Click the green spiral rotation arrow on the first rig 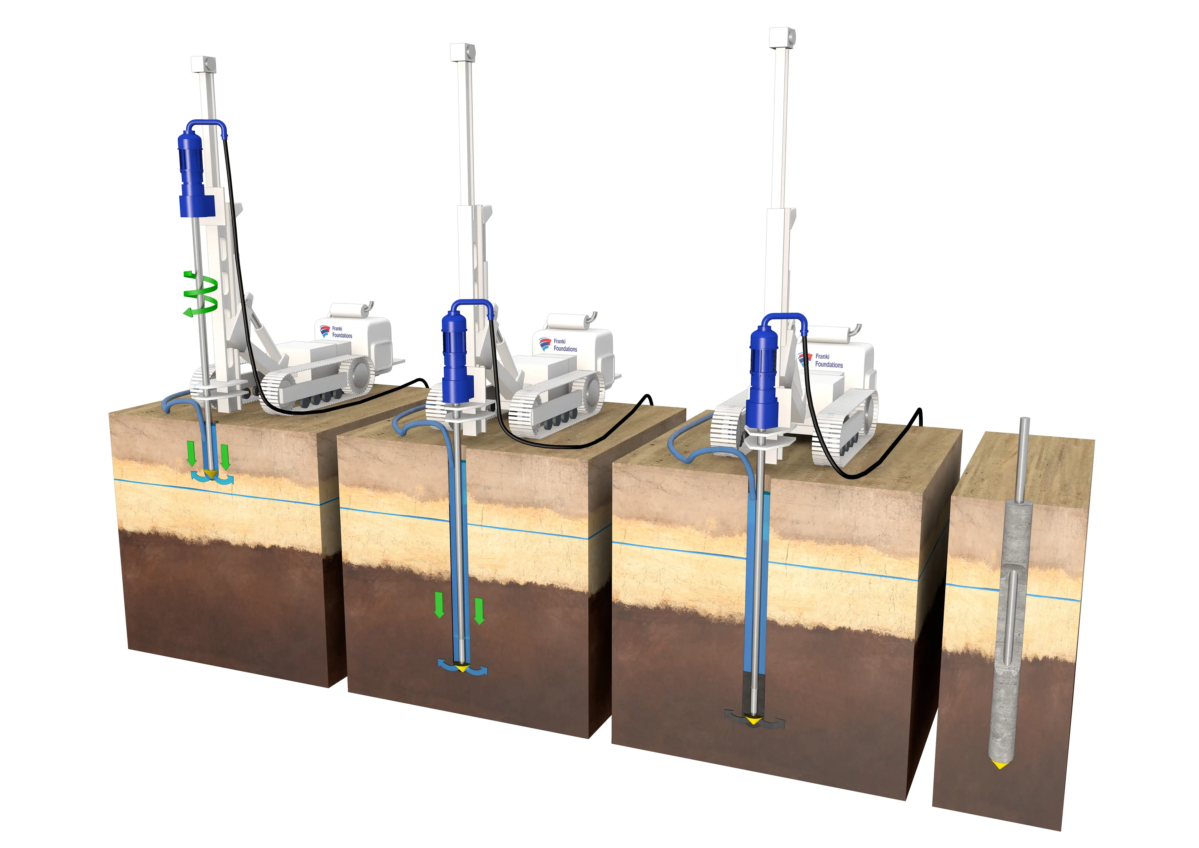click(x=201, y=294)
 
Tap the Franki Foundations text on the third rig click(x=829, y=360)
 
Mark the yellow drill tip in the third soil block click(x=752, y=720)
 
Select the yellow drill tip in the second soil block click(x=461, y=668)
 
